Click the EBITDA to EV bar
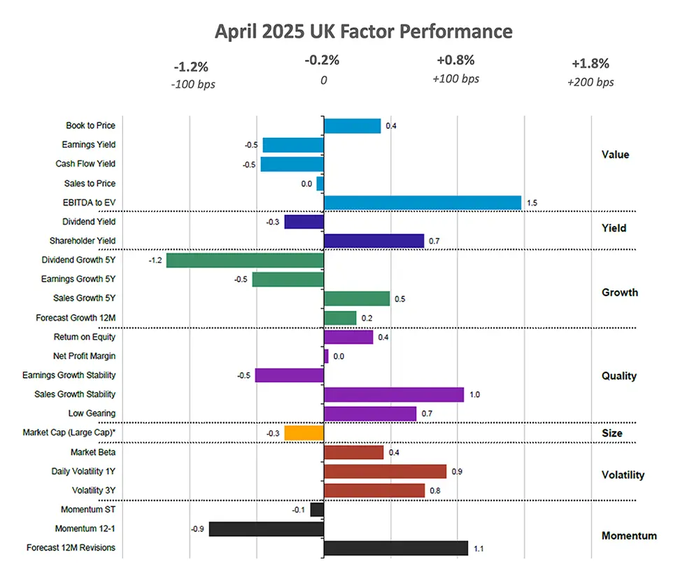[x=422, y=202]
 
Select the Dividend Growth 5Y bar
[x=245, y=260]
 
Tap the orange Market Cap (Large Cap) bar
[x=304, y=433]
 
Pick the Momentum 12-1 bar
[x=266, y=529]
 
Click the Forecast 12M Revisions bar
[x=395, y=548]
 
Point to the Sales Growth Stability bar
[x=393, y=395]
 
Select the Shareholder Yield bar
[x=374, y=241]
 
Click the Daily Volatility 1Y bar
[x=385, y=472]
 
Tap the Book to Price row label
[x=90, y=126]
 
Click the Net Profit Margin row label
[x=85, y=356]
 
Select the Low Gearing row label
[x=92, y=414]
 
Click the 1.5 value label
[x=532, y=203]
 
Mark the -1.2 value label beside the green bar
[x=155, y=260]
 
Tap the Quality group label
[x=619, y=376]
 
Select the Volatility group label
[x=623, y=475]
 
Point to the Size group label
[x=611, y=433]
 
